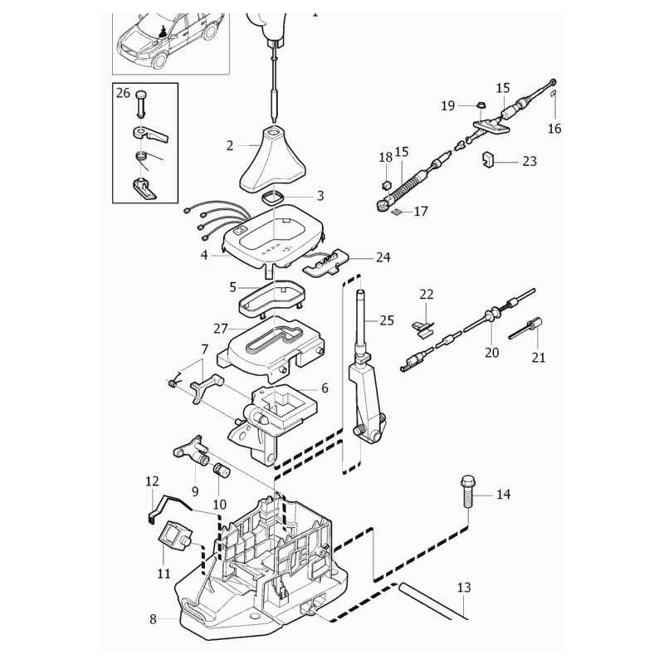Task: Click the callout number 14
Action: point(503,495)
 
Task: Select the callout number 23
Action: point(530,161)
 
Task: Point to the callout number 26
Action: point(123,93)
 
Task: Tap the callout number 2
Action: point(230,145)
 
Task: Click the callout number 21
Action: point(539,359)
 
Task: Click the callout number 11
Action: point(164,573)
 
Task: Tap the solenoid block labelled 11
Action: point(175,536)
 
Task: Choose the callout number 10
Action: point(220,504)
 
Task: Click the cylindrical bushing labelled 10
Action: point(221,472)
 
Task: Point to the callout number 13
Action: point(463,588)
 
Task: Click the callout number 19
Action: point(448,105)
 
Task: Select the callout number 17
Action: point(421,212)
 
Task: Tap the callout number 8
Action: point(153,618)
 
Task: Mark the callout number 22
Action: point(427,294)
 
